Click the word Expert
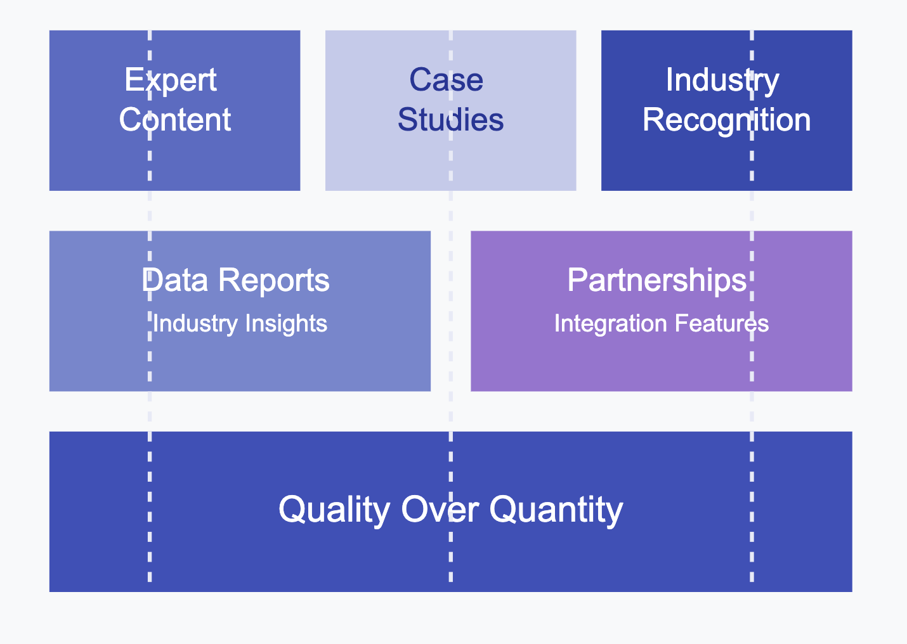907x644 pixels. [171, 80]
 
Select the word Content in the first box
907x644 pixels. [175, 120]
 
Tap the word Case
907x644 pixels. [447, 80]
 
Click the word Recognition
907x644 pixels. [726, 120]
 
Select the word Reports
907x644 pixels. [274, 281]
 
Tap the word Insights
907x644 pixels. [286, 324]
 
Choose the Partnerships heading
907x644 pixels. [656, 280]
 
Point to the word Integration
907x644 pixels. [611, 324]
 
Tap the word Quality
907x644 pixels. [334, 510]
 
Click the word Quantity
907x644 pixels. [556, 510]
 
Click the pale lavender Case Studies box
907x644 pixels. [451, 110]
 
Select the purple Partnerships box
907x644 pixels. [662, 311]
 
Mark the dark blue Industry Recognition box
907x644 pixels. [727, 110]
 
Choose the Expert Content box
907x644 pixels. [175, 110]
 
